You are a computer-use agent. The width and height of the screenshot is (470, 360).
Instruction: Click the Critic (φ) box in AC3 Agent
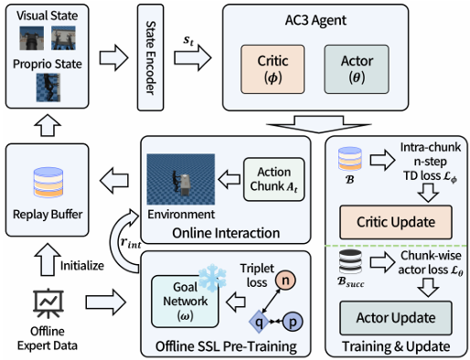272,69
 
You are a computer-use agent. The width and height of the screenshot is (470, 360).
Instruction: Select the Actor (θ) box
357,69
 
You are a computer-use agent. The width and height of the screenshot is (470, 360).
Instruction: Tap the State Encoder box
150,58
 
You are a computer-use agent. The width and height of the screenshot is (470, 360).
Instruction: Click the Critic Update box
396,222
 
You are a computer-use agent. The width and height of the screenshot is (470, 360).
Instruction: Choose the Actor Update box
396,318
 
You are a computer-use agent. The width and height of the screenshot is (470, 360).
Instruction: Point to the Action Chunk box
273,179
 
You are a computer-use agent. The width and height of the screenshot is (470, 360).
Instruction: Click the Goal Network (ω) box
185,302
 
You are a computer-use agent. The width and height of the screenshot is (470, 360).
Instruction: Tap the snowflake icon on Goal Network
212,277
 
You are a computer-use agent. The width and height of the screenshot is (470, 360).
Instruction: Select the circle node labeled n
285,280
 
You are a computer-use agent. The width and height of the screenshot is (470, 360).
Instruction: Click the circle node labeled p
293,322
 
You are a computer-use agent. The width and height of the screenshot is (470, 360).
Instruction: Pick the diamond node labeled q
259,322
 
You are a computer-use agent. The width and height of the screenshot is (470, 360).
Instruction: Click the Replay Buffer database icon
48,182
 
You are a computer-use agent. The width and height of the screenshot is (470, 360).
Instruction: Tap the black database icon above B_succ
350,261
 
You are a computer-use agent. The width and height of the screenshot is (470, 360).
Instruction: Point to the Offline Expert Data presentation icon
48,303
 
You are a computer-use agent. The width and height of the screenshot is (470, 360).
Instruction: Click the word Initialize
82,266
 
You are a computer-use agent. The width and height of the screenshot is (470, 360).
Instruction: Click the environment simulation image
181,179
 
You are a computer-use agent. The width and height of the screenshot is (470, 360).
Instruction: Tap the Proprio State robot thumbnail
48,88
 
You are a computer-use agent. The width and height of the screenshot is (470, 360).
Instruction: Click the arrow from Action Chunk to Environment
230,179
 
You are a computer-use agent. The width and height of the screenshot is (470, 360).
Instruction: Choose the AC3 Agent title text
315,20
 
